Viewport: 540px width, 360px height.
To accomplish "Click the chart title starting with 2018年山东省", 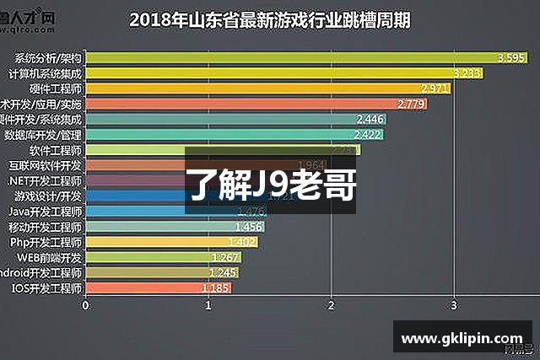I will (x=270, y=19).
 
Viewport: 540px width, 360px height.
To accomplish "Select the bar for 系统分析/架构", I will (x=295, y=58).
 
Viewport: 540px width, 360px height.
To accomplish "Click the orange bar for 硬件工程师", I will (x=253, y=89).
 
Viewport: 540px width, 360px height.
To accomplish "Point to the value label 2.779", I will (x=411, y=104).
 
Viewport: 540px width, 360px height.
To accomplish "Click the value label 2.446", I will (x=370, y=119).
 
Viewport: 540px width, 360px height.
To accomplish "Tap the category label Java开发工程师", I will (x=46, y=212).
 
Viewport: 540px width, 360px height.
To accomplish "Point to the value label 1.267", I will (x=227, y=257).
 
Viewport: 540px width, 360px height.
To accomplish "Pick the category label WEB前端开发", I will (x=49, y=257).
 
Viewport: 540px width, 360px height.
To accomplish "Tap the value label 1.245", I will (x=224, y=272).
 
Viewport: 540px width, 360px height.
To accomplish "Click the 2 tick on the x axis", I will (x=332, y=305).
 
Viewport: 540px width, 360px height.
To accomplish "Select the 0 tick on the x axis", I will (x=86, y=305).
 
